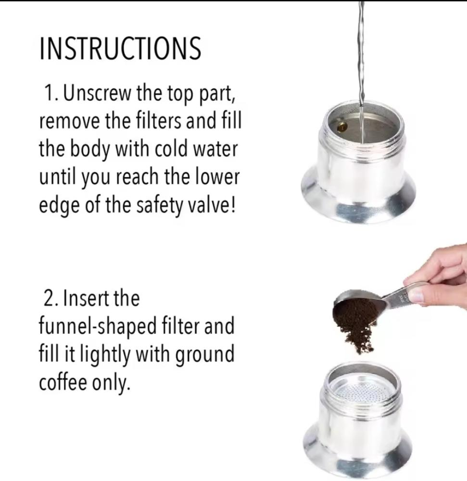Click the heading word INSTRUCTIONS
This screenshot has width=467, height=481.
pyautogui.click(x=120, y=48)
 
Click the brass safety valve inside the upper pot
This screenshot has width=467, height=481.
pyautogui.click(x=341, y=127)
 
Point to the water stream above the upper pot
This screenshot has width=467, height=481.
pyautogui.click(x=361, y=55)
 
